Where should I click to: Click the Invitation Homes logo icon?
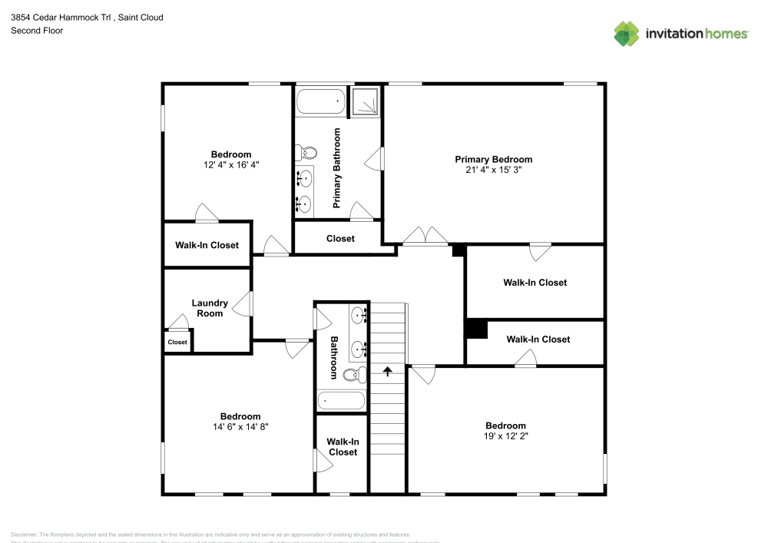[x=627, y=33]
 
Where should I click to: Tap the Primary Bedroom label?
[x=493, y=160]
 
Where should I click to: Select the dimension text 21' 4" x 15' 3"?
[x=493, y=171]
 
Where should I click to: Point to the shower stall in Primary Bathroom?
[x=365, y=102]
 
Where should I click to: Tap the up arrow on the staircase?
[x=388, y=372]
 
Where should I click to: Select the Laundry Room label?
[x=209, y=308]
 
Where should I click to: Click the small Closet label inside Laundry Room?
[x=177, y=343]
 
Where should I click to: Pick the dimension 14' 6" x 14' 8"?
[x=240, y=426]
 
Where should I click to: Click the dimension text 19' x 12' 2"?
[x=505, y=435]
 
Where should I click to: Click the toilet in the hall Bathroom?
[x=353, y=375]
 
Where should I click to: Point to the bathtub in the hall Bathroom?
[x=341, y=400]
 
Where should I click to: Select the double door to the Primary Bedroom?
[x=425, y=237]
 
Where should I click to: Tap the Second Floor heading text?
[x=37, y=31]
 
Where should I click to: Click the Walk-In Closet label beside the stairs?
[x=343, y=447]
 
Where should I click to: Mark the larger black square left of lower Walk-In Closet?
[x=477, y=328]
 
